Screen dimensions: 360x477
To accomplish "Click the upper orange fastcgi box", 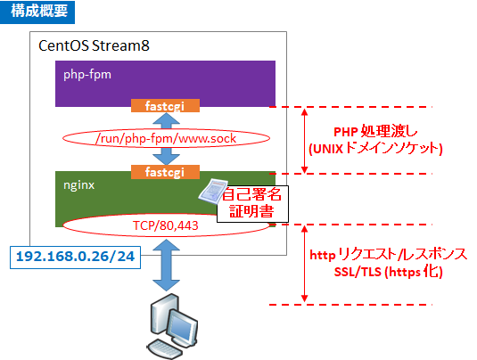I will point(165,106).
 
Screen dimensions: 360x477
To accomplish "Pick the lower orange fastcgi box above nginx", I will point(165,170).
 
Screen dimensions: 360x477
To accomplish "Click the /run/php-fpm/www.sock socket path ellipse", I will point(164,138).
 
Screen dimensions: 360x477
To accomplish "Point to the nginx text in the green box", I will point(78,187).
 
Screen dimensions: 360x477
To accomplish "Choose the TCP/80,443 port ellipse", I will point(164,225).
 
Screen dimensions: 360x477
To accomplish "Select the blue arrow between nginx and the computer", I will point(165,266).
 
